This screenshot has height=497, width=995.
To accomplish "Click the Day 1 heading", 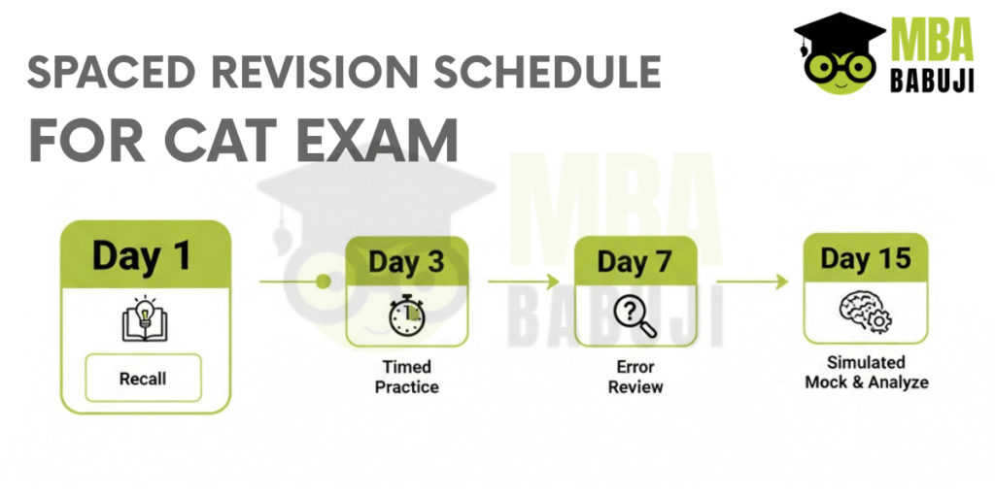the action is (x=142, y=255).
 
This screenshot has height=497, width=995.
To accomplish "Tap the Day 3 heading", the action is (x=407, y=262).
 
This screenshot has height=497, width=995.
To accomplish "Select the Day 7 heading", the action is (x=635, y=262).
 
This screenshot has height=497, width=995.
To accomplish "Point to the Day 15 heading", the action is (x=866, y=258).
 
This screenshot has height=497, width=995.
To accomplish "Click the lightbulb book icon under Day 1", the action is (x=144, y=317).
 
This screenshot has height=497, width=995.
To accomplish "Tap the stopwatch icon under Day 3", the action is (x=407, y=315).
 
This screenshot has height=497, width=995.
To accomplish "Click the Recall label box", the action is (x=143, y=379).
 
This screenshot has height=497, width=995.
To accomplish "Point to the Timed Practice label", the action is (x=407, y=377).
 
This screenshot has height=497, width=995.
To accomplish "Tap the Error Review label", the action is (x=635, y=377).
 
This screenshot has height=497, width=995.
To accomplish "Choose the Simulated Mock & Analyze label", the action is (x=866, y=373).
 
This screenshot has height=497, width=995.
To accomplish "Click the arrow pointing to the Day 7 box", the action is (x=524, y=281).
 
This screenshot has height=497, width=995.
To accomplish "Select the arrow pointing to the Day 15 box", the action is (x=753, y=281).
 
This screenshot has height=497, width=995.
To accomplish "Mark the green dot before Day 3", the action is (x=323, y=281).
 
